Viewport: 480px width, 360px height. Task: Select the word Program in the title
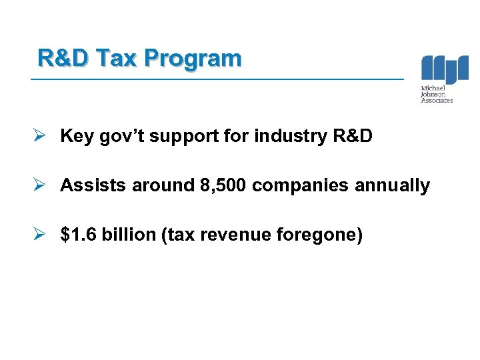(x=192, y=59)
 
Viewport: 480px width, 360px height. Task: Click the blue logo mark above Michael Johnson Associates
(x=445, y=70)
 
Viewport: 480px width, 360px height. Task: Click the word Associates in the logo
(x=437, y=101)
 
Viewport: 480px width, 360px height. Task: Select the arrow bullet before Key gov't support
(x=41, y=136)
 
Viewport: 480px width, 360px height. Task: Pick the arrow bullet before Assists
(x=41, y=185)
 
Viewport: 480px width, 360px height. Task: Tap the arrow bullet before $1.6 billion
(x=41, y=235)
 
